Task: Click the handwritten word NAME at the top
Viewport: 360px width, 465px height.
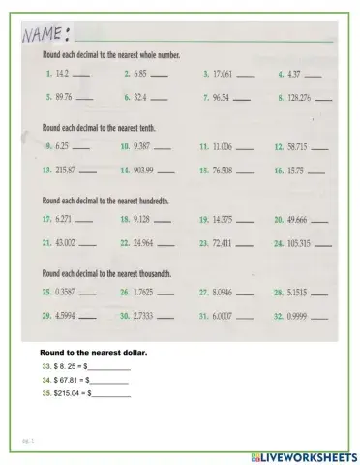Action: pos(44,36)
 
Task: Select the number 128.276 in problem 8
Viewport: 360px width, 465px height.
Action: pos(299,98)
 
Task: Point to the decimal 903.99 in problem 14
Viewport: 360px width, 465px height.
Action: pos(143,170)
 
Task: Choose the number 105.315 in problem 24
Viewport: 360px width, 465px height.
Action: pos(301,242)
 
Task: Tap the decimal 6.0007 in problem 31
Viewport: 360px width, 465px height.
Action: pos(225,316)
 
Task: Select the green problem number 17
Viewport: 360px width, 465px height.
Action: pos(46,220)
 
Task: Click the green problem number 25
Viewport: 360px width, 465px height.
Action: pos(46,292)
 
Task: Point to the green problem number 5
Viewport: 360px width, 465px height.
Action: pos(48,98)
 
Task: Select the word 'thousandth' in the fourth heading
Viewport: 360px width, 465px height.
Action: pos(153,273)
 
